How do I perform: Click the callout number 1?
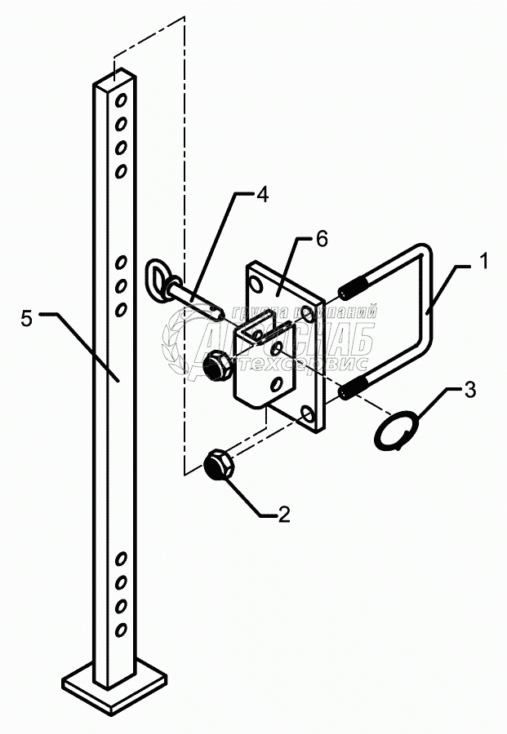[x=483, y=263]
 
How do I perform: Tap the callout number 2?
[x=282, y=514]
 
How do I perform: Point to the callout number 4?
[x=261, y=196]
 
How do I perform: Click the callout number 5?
[x=28, y=318]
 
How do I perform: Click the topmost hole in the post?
[x=121, y=100]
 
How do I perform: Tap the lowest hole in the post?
[x=121, y=629]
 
